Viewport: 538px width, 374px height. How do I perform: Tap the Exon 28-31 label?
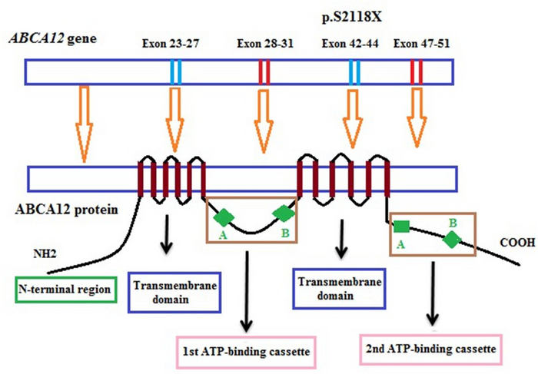[264, 44]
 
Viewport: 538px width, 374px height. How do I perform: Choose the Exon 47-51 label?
[420, 44]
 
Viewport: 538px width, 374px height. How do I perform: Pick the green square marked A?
[401, 226]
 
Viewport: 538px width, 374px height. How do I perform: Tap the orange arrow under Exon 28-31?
[265, 116]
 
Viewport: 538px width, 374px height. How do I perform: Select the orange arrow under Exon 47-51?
[418, 116]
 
